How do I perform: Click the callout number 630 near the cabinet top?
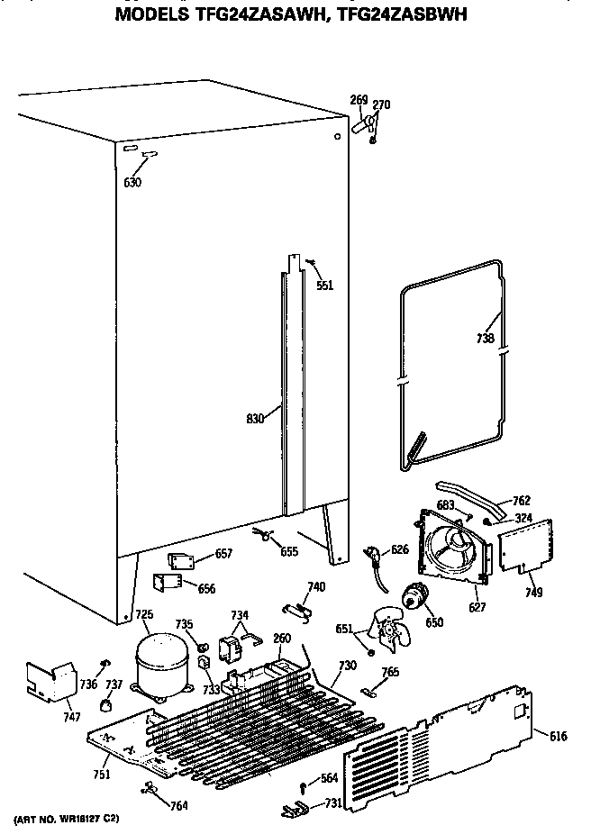[132, 183]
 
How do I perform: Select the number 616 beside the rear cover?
[558, 737]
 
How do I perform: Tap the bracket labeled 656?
[168, 585]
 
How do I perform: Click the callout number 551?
[325, 286]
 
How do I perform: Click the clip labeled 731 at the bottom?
[293, 807]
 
